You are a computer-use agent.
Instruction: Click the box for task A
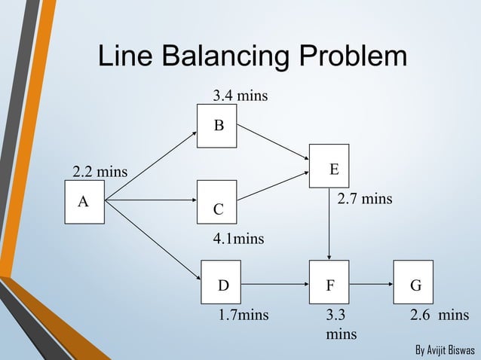84,203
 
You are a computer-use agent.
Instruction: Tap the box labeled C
216,202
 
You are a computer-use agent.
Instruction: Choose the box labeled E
329,166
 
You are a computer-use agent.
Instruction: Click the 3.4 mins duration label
240,96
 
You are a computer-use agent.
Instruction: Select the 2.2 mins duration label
100,172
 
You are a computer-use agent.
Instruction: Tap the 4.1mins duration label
239,239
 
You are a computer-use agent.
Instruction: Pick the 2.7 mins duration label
364,200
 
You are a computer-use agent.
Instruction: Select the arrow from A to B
151,167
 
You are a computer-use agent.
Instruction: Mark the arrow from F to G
371,286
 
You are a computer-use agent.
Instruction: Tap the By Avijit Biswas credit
444,351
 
